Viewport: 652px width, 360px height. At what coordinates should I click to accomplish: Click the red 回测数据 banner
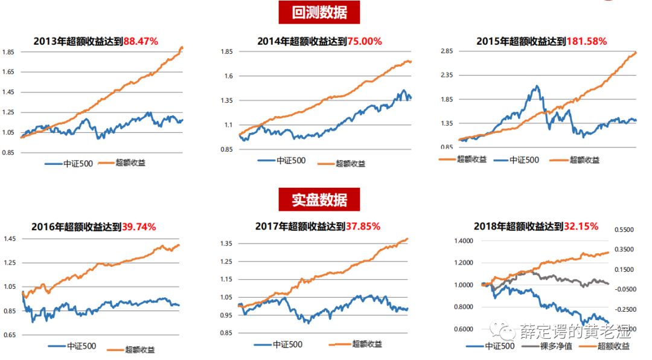[319, 13]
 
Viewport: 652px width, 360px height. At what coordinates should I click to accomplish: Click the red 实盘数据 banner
[319, 199]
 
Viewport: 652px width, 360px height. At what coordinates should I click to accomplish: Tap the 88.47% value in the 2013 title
[141, 42]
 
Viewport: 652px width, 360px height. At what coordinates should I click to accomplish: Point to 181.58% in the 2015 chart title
[586, 42]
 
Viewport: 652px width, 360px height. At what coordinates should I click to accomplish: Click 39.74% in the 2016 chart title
[139, 227]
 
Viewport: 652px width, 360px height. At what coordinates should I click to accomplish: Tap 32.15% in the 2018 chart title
[581, 227]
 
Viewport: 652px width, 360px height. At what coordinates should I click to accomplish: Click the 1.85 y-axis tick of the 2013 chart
[8, 53]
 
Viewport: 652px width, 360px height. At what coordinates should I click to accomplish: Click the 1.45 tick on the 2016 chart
[10, 240]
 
